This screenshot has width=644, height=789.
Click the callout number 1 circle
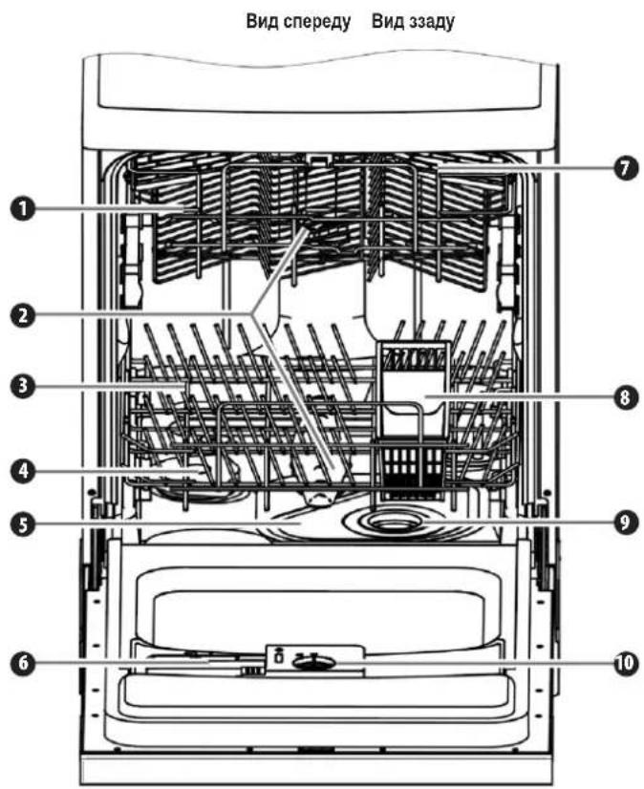[23, 209]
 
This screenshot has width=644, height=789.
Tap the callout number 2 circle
[23, 315]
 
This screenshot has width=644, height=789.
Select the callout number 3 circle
[23, 386]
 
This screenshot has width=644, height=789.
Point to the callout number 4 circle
[23, 472]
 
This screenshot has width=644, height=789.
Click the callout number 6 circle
[23, 663]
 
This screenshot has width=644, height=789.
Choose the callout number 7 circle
[624, 168]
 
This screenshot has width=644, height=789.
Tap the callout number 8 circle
[624, 397]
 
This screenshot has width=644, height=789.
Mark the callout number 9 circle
[624, 522]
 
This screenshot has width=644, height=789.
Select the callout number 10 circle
[624, 662]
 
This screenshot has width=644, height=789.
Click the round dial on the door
[314, 664]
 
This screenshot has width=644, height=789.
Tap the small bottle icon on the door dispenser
[277, 656]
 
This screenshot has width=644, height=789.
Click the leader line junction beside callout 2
[253, 313]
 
